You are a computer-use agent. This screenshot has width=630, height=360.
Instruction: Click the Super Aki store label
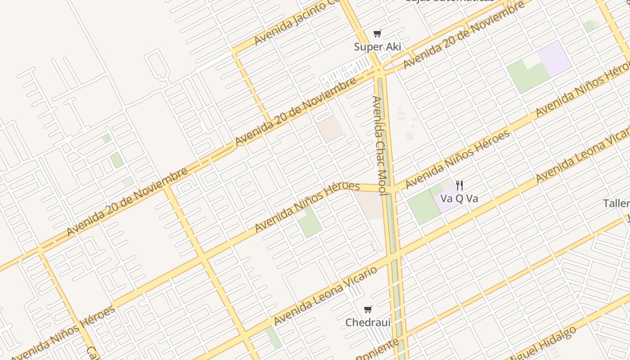coord(377,47)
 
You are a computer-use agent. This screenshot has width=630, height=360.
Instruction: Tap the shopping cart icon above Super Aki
coord(377,34)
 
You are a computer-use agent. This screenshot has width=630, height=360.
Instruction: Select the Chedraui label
coord(368,323)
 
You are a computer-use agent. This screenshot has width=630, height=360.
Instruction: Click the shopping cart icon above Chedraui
coord(368,310)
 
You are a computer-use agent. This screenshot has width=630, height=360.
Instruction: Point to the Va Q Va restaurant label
coord(459,198)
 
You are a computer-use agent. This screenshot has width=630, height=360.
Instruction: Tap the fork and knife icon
coord(459,185)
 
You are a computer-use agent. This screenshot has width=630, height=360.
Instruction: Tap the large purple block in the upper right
coord(554,58)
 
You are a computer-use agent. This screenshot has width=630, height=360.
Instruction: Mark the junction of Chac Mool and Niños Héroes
coord(390,189)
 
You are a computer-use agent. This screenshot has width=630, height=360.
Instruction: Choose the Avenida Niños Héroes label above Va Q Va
coord(458,159)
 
